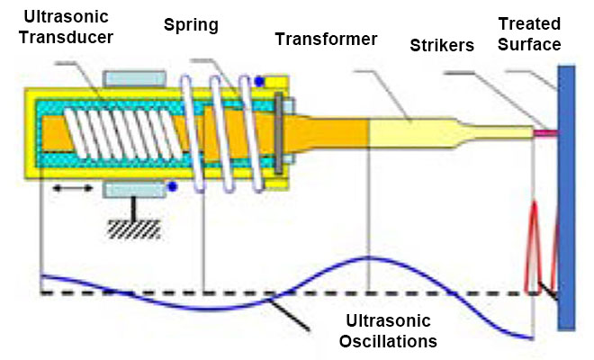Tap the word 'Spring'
(x=190, y=24)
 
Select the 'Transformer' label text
(x=326, y=39)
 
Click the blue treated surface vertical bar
(x=566, y=198)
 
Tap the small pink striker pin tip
(x=545, y=133)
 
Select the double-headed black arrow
(x=72, y=188)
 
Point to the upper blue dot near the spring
(x=259, y=82)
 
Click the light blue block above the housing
(x=134, y=79)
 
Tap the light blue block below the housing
(x=134, y=187)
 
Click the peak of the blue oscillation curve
(x=368, y=259)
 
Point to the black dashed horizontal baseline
(x=270, y=293)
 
